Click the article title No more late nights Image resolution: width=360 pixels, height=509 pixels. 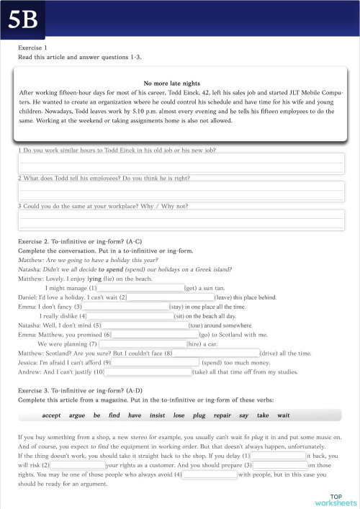point(171,84)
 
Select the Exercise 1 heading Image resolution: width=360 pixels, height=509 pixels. point(32,48)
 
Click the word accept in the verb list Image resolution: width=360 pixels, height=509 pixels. point(52,415)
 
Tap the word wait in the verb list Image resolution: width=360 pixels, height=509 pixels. point(284,415)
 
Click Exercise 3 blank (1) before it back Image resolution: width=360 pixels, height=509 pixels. point(278,456)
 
